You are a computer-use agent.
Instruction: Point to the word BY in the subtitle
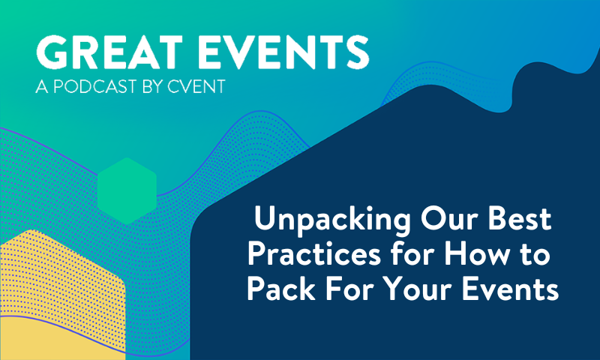157,88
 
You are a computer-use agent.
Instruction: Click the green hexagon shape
126,190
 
